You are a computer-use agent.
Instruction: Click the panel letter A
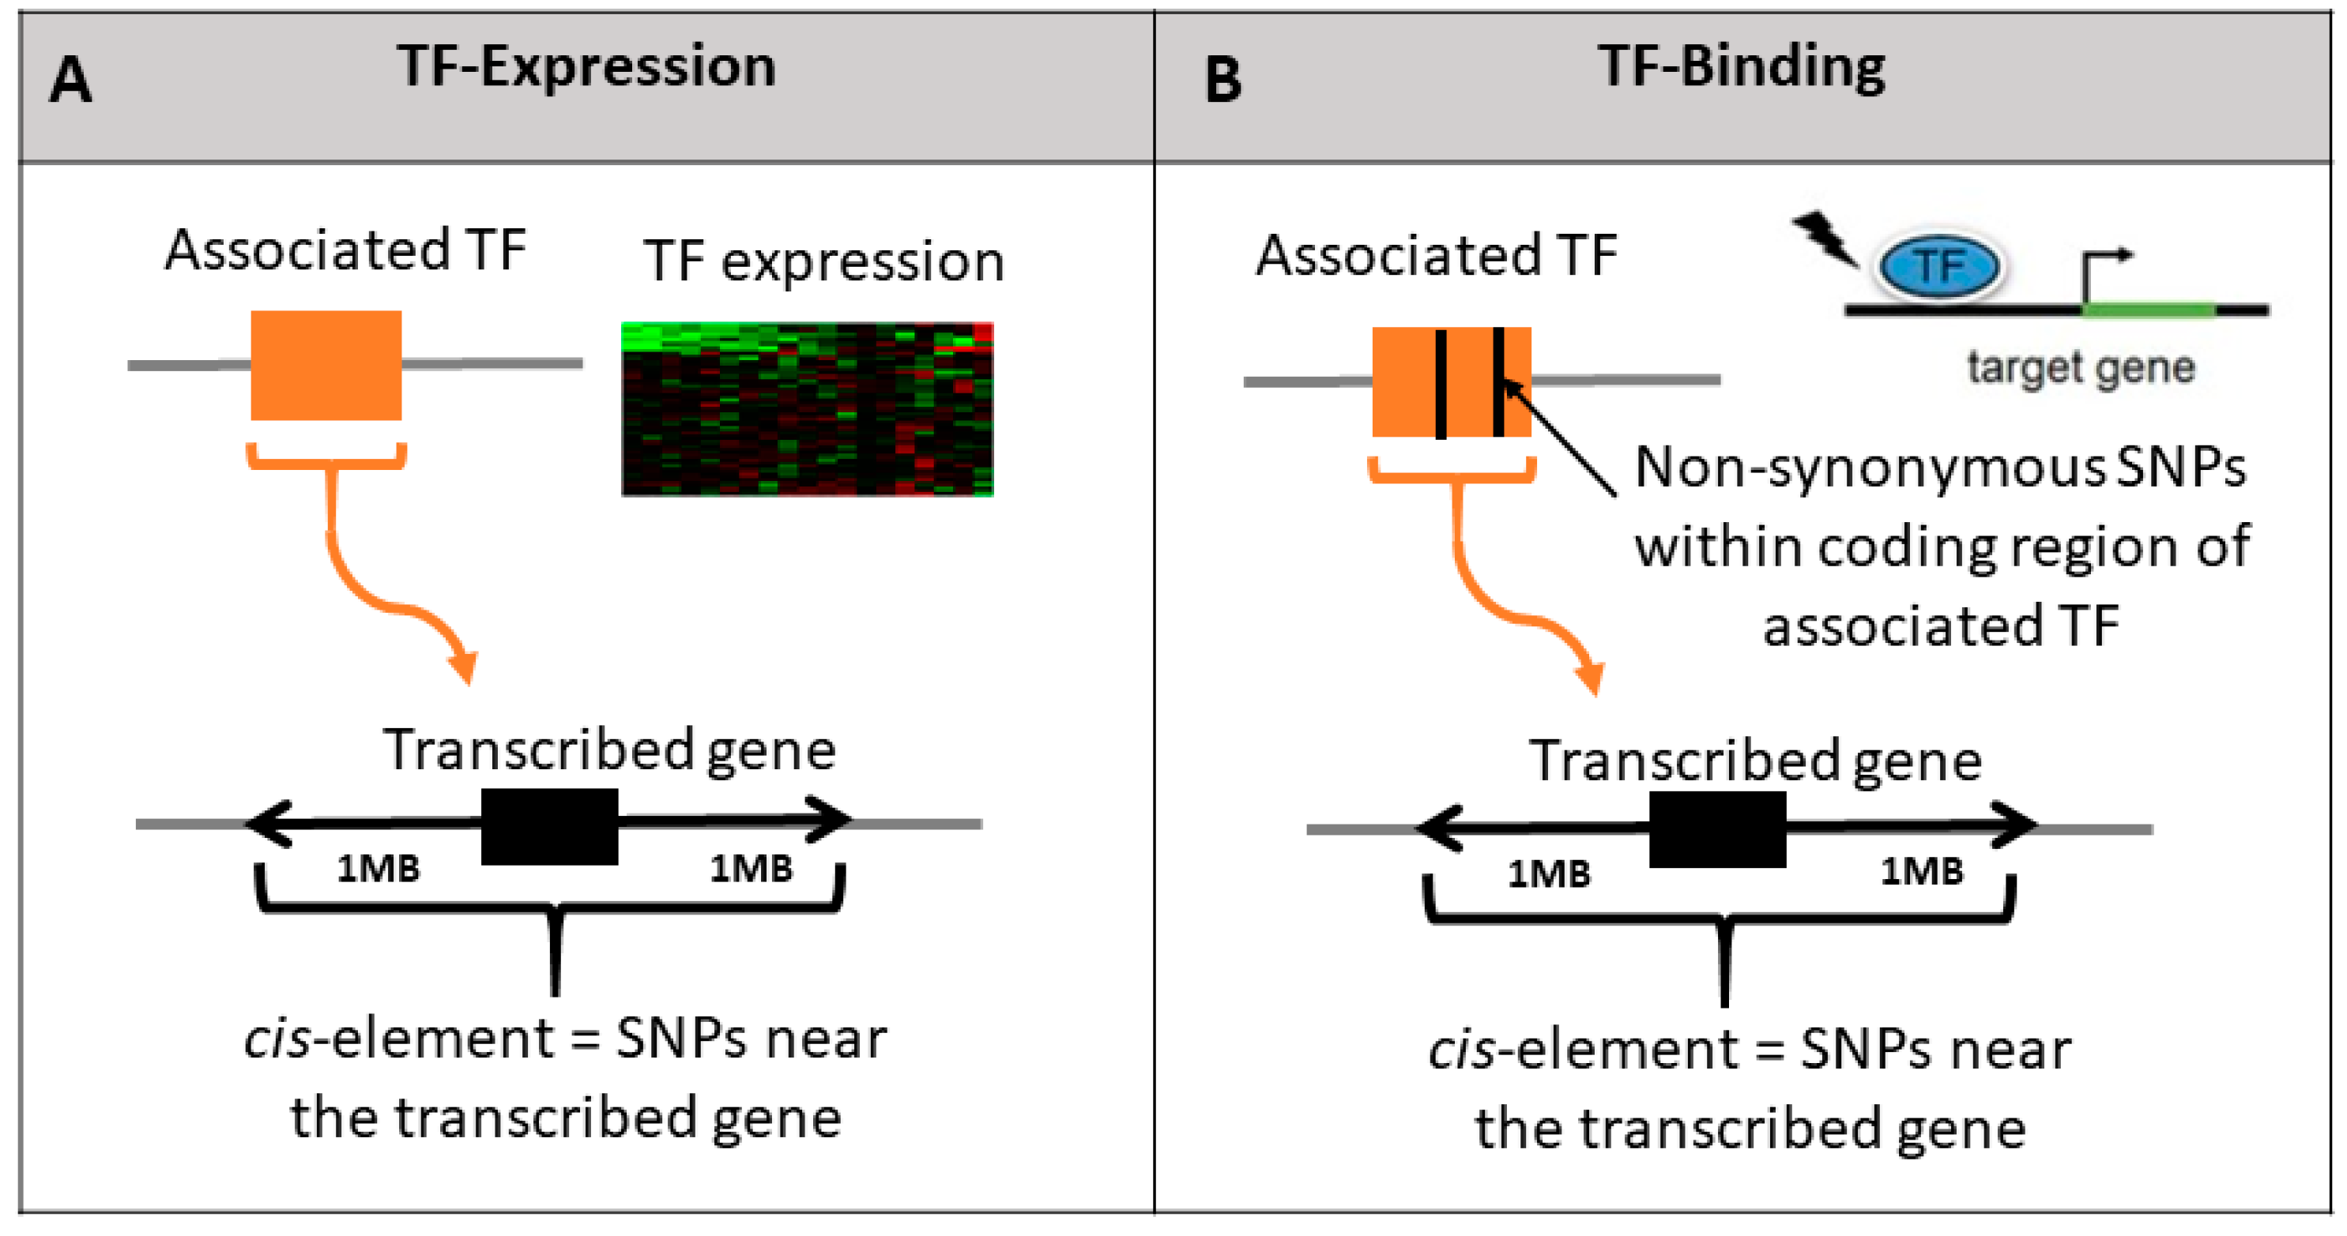[x=70, y=80]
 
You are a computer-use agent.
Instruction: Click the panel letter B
[x=1222, y=80]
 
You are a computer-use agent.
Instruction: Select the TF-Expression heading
[x=586, y=66]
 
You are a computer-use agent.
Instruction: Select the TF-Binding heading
[x=1741, y=66]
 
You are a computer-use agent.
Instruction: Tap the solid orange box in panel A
[x=326, y=365]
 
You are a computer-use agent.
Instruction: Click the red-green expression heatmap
[x=808, y=409]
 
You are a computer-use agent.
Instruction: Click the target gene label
[x=2081, y=368]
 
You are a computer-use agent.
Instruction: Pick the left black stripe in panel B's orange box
[x=1441, y=384]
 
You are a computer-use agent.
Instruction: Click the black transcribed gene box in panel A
[x=549, y=826]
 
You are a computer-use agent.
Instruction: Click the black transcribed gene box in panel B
[x=1717, y=828]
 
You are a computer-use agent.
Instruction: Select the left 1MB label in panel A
[x=378, y=868]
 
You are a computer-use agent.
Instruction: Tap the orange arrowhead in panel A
[x=465, y=667]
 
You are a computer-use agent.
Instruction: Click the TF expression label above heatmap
[x=823, y=261]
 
